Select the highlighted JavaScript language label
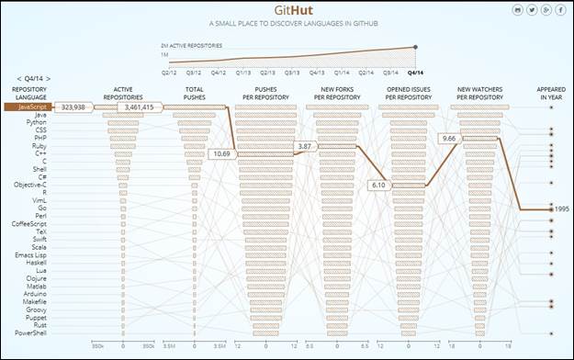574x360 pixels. click(26, 107)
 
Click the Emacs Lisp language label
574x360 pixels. click(29, 253)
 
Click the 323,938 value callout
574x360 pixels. click(73, 107)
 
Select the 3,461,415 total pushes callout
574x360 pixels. click(140, 107)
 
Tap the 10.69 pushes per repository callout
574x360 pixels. click(220, 153)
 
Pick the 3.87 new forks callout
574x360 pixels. click(305, 147)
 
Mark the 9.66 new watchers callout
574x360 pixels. click(449, 139)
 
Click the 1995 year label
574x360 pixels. click(562, 209)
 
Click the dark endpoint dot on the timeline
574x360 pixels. click(416, 47)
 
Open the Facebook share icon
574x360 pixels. click(559, 9)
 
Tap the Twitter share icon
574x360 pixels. click(532, 9)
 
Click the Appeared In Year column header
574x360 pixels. click(551, 94)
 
